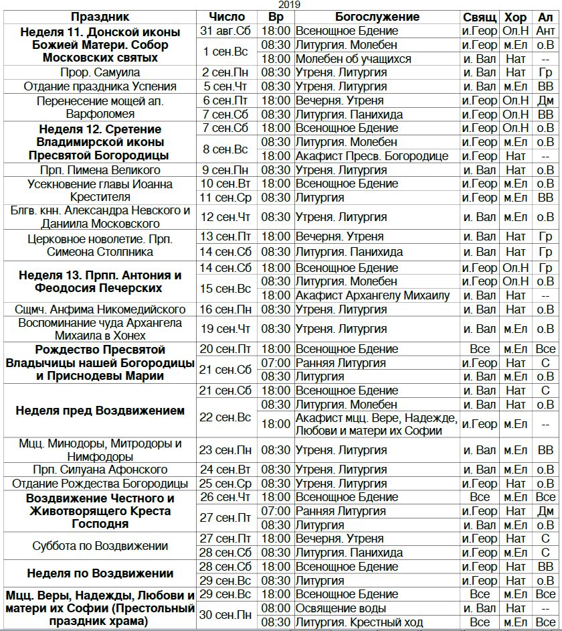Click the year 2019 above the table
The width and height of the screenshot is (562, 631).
[289, 5]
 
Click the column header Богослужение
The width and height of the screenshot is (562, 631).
[377, 17]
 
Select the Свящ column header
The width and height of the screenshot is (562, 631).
[480, 17]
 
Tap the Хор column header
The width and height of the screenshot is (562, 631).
[515, 17]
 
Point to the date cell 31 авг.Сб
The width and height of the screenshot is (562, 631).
[224, 31]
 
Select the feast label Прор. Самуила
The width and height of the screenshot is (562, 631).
[100, 72]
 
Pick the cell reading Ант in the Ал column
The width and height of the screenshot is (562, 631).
[545, 31]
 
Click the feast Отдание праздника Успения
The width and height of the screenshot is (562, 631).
[100, 86]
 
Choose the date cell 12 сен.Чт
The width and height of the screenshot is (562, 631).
[224, 217]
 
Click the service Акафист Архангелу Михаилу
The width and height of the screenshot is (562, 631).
[373, 295]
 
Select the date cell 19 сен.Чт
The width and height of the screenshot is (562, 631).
[224, 329]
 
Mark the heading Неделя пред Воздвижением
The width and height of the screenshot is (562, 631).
[100, 411]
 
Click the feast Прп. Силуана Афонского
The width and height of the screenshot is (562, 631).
[100, 470]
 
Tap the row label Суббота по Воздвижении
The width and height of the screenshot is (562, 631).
[100, 546]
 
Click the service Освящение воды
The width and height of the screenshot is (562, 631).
[341, 608]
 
